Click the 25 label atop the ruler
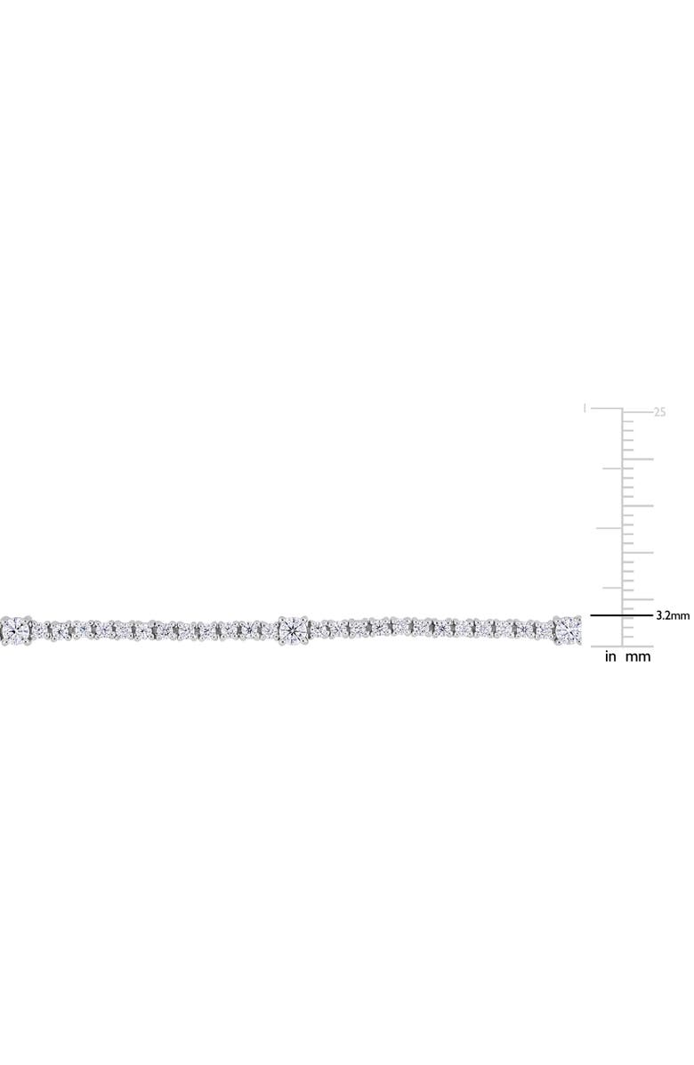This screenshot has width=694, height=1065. [659, 411]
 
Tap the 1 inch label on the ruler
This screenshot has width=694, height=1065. [584, 408]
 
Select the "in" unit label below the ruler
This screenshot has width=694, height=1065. [610, 657]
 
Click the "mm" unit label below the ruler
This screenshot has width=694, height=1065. [638, 657]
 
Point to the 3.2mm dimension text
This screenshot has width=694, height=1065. [673, 616]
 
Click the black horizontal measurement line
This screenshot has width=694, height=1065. [621, 615]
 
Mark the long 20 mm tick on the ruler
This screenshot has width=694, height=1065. [638, 459]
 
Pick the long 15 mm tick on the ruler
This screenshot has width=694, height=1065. [638, 506]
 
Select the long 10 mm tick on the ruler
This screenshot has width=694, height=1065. [638, 552]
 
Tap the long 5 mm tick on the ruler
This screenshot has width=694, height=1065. [638, 599]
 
